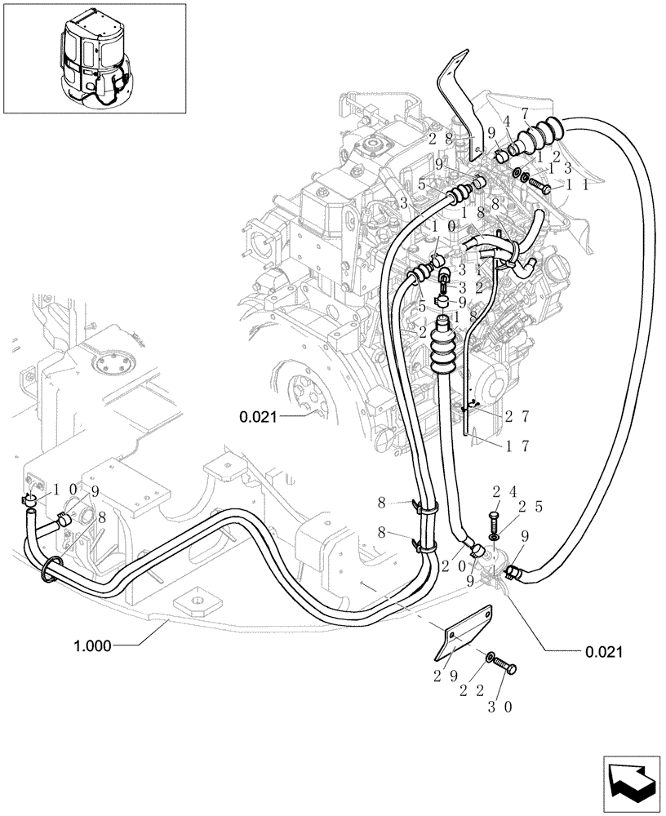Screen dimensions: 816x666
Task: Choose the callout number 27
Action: [516, 416]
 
